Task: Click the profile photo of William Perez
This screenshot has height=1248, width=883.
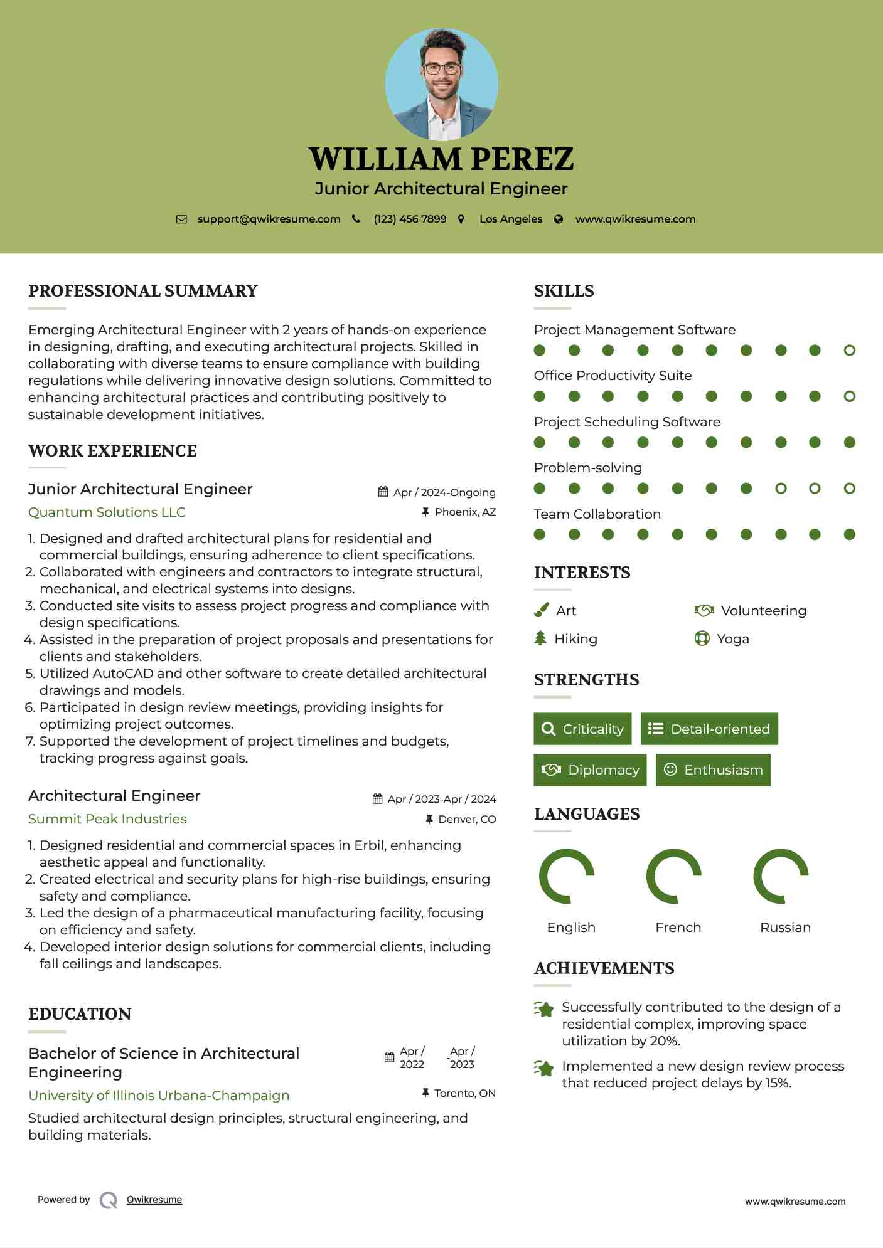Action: tap(441, 84)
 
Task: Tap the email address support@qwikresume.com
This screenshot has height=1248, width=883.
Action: tap(269, 219)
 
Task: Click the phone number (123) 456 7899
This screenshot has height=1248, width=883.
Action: tap(410, 219)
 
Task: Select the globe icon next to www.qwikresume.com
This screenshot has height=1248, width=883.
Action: tap(559, 219)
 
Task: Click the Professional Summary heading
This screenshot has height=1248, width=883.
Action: tap(143, 291)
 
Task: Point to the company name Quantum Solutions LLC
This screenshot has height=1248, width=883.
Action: tap(107, 512)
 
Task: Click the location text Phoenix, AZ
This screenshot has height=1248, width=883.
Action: tap(465, 512)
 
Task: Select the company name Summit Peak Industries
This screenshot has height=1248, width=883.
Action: tap(107, 819)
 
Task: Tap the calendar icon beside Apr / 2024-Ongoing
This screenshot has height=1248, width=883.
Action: tap(383, 492)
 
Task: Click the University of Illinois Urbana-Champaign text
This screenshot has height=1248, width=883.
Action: tap(159, 1096)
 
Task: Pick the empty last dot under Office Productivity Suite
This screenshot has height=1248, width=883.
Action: tap(849, 396)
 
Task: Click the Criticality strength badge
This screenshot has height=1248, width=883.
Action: tap(582, 729)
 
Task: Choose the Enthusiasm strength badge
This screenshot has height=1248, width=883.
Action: tap(713, 770)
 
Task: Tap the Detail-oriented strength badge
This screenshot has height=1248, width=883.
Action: tap(709, 729)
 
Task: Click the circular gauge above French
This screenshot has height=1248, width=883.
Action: tap(674, 876)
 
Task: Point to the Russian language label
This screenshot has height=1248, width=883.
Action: tap(785, 928)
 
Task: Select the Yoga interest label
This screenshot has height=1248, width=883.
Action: tap(733, 639)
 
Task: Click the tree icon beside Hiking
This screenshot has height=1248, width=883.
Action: tap(540, 638)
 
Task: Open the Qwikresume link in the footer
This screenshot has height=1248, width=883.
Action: tap(154, 1200)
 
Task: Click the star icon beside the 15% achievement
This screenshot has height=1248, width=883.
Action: tap(544, 1068)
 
